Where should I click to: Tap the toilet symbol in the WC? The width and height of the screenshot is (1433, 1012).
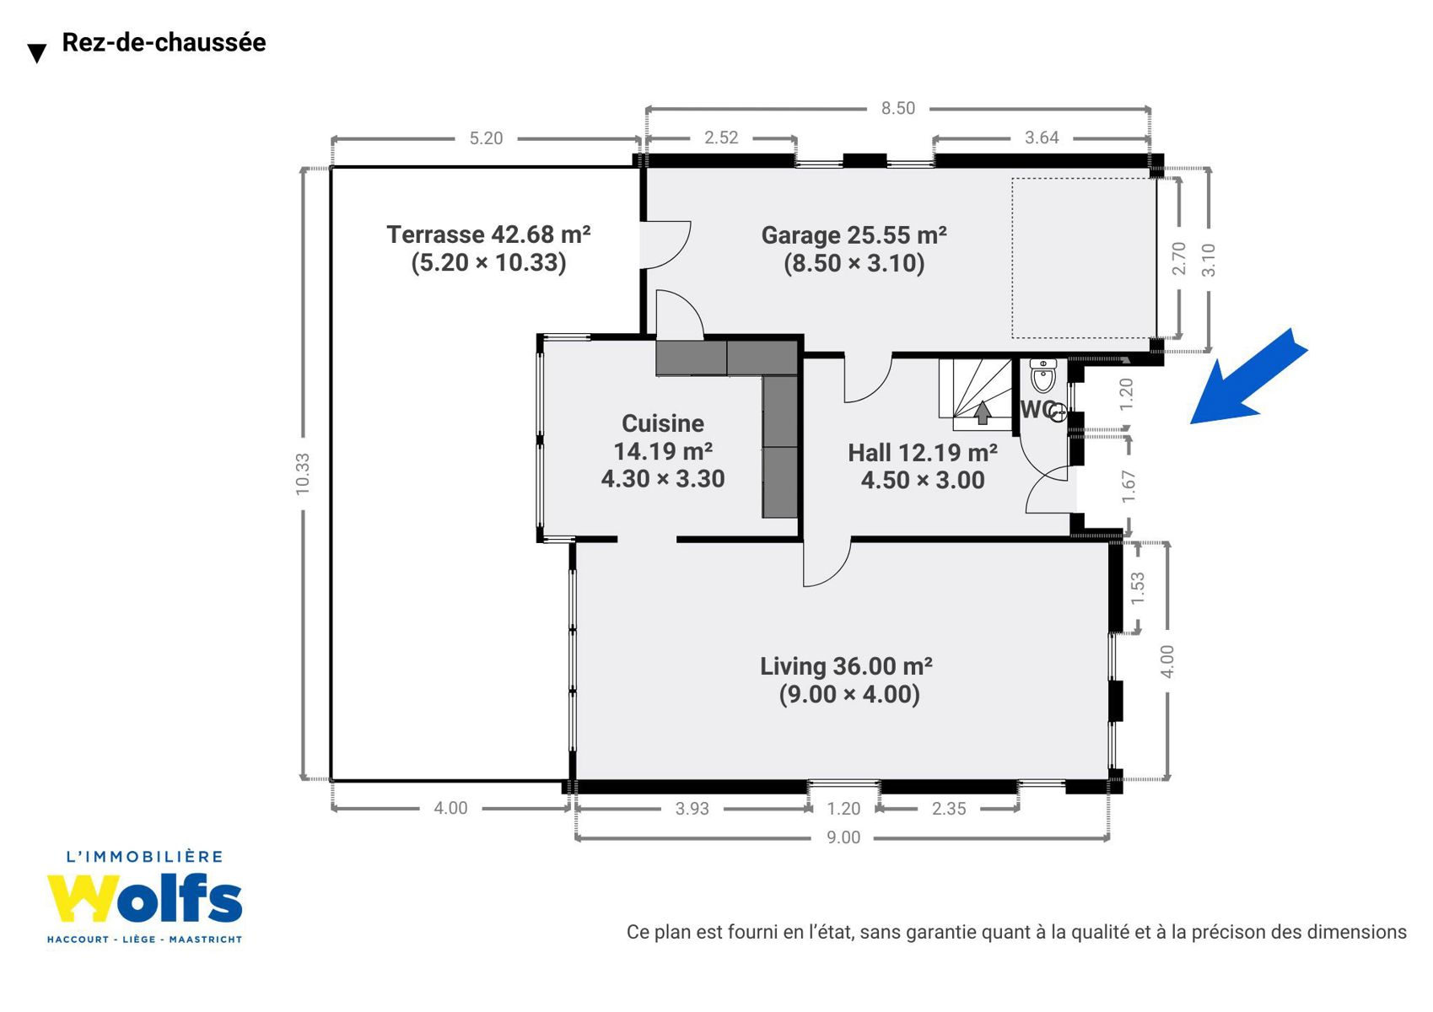pos(1043,375)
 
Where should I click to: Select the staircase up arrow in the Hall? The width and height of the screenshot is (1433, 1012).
pos(982,412)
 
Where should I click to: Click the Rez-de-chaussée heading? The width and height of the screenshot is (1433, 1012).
pos(164,43)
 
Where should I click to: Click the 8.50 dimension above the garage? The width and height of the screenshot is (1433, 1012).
pos(898,108)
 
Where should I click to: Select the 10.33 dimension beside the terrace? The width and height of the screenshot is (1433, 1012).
pos(303,473)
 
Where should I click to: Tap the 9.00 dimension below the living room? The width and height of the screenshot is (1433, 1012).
pos(843,837)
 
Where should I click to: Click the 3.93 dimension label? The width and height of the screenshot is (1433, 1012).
pos(692,809)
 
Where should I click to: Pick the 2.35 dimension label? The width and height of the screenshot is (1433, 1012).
pos(949,809)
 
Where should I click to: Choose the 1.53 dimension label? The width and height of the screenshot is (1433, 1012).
pos(1137,588)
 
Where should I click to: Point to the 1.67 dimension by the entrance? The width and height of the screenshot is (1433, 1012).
pos(1128,486)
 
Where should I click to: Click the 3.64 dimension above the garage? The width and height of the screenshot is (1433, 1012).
pos(1042,137)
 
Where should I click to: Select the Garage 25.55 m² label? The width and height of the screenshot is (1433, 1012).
pos(854,235)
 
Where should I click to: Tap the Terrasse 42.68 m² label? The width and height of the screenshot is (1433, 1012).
pos(488,234)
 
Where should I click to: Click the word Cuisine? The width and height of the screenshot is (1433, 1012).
pos(663,423)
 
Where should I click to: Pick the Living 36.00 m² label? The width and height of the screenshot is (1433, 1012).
pos(846,666)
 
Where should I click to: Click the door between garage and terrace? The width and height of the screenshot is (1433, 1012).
pos(665,245)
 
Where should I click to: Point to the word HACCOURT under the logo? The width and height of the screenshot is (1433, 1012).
pos(78,939)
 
